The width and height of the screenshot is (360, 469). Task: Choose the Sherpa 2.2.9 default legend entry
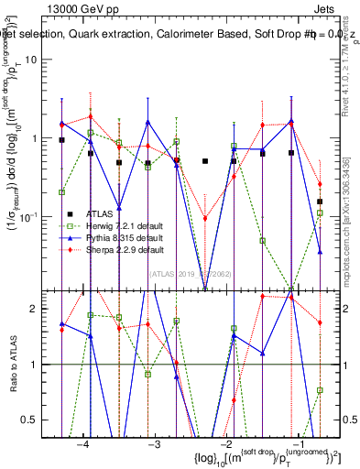[x=125, y=249]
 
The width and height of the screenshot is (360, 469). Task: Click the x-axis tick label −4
[x=83, y=443]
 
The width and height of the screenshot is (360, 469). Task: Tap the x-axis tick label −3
[x=155, y=443]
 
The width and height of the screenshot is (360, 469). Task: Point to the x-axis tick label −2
[x=225, y=443]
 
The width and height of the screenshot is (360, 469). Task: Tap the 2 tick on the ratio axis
[x=39, y=309]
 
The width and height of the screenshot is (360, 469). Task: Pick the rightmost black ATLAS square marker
[x=320, y=202]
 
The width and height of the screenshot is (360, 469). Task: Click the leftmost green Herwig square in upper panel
[x=61, y=192]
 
